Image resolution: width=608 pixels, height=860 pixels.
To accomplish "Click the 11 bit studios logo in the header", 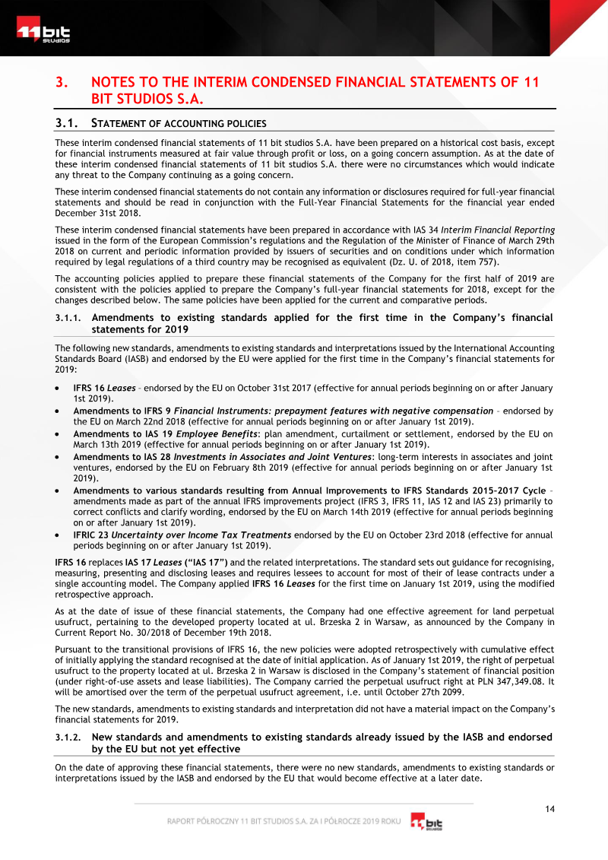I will pyautogui.click(x=43, y=33).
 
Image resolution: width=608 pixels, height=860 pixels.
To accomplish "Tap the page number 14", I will pyautogui.click(x=549, y=808).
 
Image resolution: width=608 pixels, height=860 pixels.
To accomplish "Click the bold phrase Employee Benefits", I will pyautogui.click(x=215, y=435).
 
